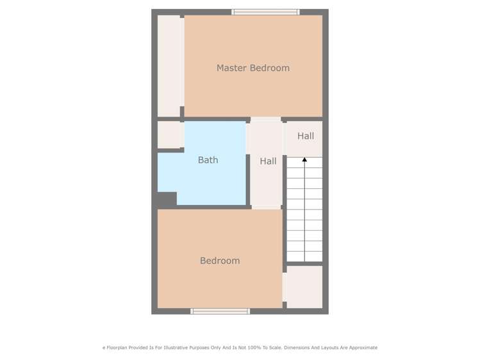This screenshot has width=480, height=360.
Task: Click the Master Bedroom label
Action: (252, 68)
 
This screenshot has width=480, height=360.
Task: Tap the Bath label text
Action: (208, 160)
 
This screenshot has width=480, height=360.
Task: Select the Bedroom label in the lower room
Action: (220, 261)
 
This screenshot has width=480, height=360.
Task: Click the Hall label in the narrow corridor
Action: (268, 161)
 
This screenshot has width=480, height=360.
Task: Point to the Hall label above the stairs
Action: (306, 136)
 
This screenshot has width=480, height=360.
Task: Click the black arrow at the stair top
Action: (304, 159)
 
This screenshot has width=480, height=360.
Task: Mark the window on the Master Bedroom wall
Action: (265, 12)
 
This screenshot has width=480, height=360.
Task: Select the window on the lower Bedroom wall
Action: (220, 311)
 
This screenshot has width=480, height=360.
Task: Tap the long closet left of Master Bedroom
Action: (169, 66)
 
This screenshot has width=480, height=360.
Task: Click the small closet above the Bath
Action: (170, 135)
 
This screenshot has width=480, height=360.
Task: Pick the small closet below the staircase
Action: (303, 286)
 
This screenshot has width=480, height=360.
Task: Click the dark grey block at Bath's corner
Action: (167, 199)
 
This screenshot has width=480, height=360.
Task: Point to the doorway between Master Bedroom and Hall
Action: (265, 119)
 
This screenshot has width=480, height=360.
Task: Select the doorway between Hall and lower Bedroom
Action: (267, 207)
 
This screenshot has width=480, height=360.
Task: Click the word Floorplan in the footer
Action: (118, 348)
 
